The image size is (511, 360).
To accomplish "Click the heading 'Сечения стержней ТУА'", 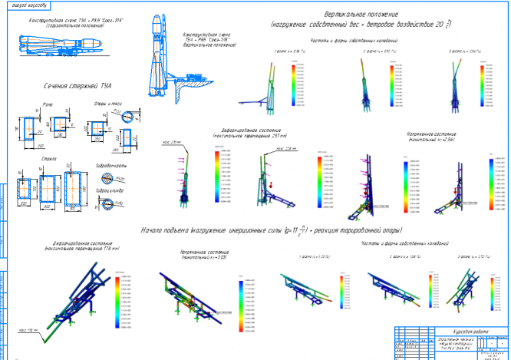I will [x=72, y=87].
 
